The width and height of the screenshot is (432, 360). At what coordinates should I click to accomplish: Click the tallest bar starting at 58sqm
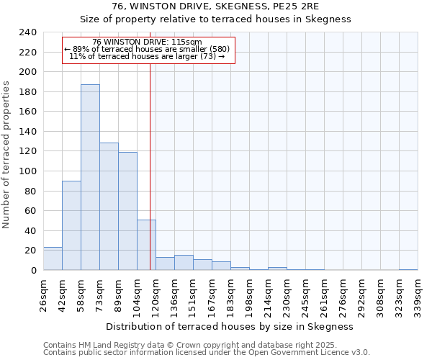pos(90,177)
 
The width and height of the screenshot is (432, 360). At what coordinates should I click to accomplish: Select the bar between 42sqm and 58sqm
pos(71,225)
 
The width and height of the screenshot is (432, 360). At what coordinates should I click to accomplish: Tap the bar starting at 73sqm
pos(109,206)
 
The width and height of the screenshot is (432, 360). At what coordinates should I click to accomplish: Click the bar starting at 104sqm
pos(146,245)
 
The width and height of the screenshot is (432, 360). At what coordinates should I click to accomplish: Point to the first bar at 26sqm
pos(53,258)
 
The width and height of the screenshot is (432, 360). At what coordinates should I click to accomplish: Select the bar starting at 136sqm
pos(184,263)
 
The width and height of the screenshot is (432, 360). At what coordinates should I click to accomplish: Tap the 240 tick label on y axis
pos(27,32)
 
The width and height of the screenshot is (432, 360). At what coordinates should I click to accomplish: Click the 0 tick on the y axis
pos(33,271)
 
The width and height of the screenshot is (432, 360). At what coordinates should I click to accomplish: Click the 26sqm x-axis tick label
pos(43,294)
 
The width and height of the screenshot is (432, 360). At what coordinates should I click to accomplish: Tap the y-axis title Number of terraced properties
pos(7,154)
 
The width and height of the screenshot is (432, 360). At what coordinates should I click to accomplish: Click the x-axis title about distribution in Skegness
pos(229,326)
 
